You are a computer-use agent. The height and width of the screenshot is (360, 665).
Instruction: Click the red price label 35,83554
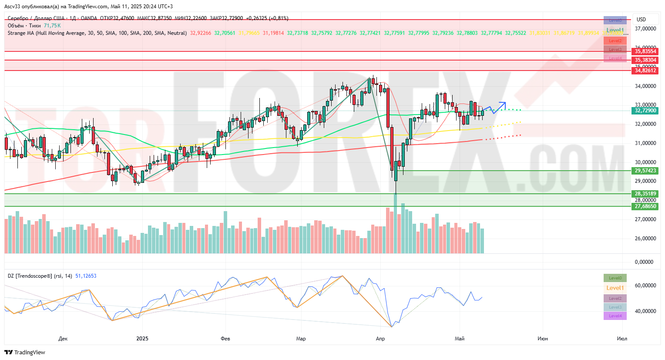pyautogui.click(x=645, y=51)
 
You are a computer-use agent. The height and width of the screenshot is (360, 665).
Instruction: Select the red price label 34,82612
pyautogui.click(x=645, y=71)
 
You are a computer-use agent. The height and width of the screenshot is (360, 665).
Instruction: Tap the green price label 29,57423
pyautogui.click(x=645, y=171)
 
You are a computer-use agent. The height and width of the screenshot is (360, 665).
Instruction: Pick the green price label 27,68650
pyautogui.click(x=645, y=206)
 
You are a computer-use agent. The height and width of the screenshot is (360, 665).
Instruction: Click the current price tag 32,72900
pyautogui.click(x=645, y=111)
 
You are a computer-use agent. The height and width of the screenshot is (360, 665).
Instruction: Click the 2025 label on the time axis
pyautogui.click(x=142, y=339)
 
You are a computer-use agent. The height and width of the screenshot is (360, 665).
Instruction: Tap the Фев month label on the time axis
pyautogui.click(x=225, y=339)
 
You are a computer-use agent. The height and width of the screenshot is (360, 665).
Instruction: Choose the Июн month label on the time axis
pyautogui.click(x=542, y=339)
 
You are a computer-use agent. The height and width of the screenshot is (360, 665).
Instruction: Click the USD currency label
pyautogui.click(x=641, y=20)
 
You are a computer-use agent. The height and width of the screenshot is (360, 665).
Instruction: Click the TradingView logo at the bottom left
pyautogui.click(x=25, y=352)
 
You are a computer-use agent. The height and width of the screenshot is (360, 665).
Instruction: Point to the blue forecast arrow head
pyautogui.click(x=504, y=103)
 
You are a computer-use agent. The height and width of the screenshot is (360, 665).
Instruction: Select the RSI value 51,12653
pyautogui.click(x=86, y=276)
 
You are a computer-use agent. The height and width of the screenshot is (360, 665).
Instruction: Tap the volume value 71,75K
pyautogui.click(x=52, y=26)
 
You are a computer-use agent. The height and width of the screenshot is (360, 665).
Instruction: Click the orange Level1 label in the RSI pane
pyautogui.click(x=615, y=288)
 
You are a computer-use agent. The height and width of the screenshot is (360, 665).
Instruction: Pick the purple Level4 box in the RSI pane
pyautogui.click(x=615, y=316)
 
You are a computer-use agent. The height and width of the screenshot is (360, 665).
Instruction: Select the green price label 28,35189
pyautogui.click(x=645, y=194)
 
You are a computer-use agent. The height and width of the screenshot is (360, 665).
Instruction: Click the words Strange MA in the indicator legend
pyautogui.click(x=21, y=33)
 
